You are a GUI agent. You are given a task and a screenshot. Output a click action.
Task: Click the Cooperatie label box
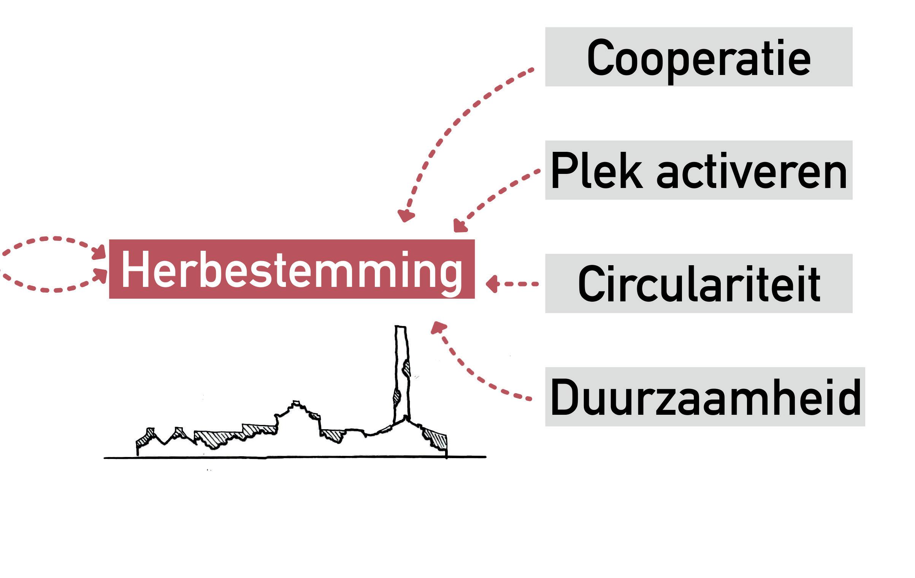point(699,57)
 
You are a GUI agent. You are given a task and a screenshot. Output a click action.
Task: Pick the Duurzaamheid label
point(705,397)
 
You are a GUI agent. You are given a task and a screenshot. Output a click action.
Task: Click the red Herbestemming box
point(292,269)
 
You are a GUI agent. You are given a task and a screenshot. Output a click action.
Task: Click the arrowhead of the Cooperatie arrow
point(405,216)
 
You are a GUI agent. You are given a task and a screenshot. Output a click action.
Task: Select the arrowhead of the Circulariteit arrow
point(492,284)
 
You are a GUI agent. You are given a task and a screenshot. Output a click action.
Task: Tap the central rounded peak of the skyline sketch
point(296,404)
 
